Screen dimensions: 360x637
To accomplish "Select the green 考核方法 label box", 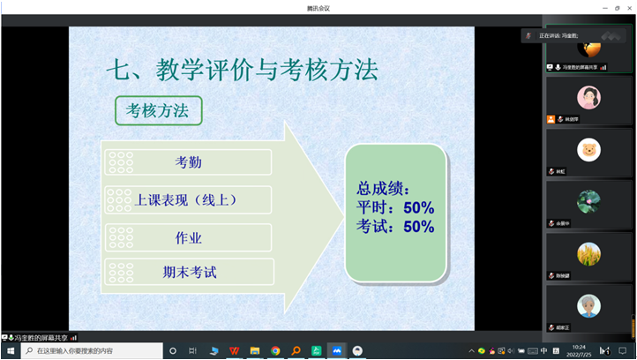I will tap(158, 110).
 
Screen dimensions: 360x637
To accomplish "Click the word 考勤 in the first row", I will tap(189, 162).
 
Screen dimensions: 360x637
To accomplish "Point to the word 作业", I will tap(189, 237).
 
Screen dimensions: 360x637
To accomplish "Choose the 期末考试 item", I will tap(189, 273).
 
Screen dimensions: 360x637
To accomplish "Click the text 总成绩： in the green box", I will tap(383, 188).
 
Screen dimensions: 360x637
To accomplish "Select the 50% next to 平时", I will tap(418, 208).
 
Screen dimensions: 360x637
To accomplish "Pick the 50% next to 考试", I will tap(418, 228).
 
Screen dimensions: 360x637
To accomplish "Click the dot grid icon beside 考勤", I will tap(119, 162).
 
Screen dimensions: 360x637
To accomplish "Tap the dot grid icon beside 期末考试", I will tap(119, 273).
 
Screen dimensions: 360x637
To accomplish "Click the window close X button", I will tap(627, 7).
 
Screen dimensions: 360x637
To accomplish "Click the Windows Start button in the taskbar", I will tap(11, 350).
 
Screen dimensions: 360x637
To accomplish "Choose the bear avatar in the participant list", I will tap(588, 149).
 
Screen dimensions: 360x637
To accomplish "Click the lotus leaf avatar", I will tap(588, 202).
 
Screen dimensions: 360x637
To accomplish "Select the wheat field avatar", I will tap(588, 254).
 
